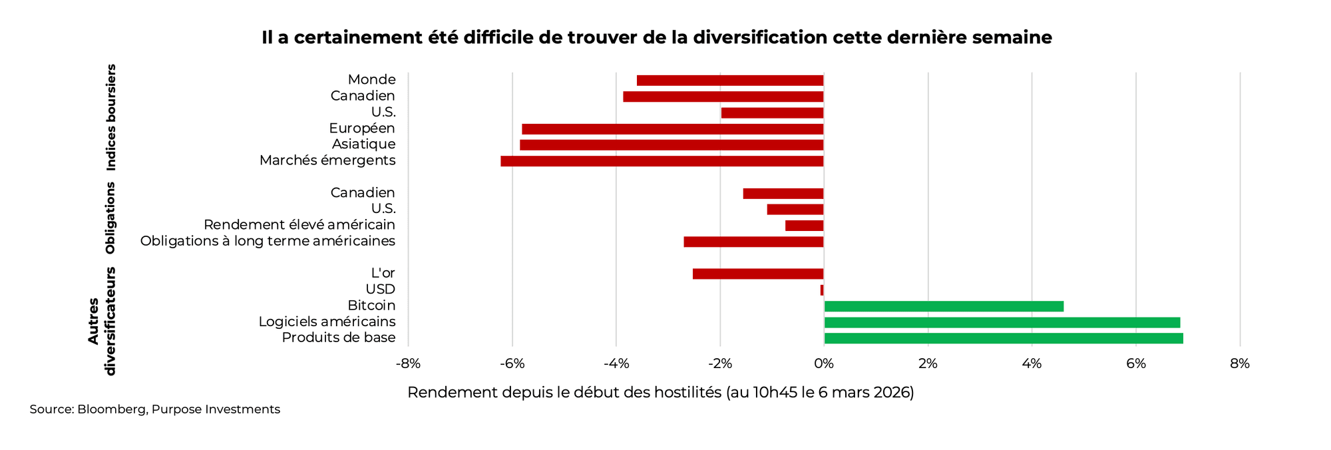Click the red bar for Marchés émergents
(x=662, y=161)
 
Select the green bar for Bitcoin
(x=944, y=306)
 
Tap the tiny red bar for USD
(x=822, y=290)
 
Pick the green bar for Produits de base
(x=1004, y=338)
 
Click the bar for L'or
(x=758, y=274)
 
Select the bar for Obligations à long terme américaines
(x=753, y=242)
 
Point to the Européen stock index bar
(x=673, y=129)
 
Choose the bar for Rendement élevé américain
(x=804, y=226)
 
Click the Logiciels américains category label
(x=327, y=322)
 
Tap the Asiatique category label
(x=363, y=144)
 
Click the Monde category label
(x=371, y=80)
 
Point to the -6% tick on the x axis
(x=512, y=364)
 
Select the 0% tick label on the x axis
(x=823, y=364)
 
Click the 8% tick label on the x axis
(x=1239, y=364)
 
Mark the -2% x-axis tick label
(x=719, y=364)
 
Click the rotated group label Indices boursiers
(x=111, y=118)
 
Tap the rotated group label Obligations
(x=110, y=218)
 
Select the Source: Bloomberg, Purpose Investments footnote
(x=154, y=409)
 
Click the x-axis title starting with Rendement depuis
(x=660, y=393)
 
